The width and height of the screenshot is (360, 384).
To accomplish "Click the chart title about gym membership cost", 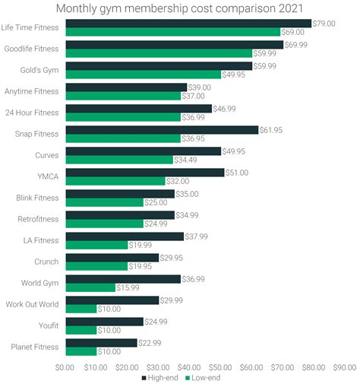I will click(x=179, y=8).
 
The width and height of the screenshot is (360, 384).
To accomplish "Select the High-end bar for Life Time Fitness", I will click(x=188, y=24).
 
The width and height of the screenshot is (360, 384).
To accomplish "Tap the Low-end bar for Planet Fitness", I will click(x=81, y=351).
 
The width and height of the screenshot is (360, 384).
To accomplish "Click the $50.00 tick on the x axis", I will click(x=220, y=366).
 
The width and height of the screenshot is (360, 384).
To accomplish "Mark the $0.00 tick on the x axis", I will click(x=66, y=366).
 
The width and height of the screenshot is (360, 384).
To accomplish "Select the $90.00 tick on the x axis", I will click(x=343, y=366).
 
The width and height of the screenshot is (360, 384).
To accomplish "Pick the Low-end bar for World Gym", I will click(x=90, y=287).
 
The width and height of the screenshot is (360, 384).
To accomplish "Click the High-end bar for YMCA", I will click(x=145, y=173).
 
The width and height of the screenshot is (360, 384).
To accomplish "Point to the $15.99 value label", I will click(x=128, y=288).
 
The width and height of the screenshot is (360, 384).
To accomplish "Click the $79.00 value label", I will click(x=325, y=24).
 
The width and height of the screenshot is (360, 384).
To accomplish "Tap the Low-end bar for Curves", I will click(x=119, y=160).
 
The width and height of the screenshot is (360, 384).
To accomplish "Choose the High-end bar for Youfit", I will click(x=104, y=322).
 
